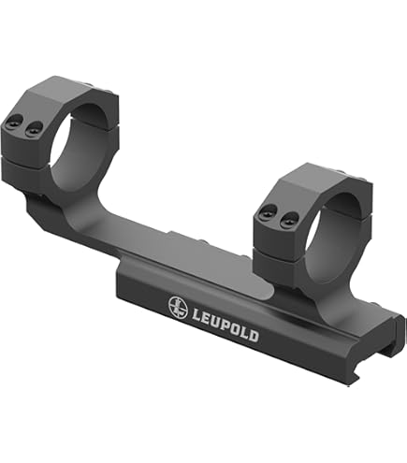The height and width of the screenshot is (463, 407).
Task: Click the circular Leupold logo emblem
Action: (177, 305)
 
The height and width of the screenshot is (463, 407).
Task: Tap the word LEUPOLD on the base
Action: (228, 319)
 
